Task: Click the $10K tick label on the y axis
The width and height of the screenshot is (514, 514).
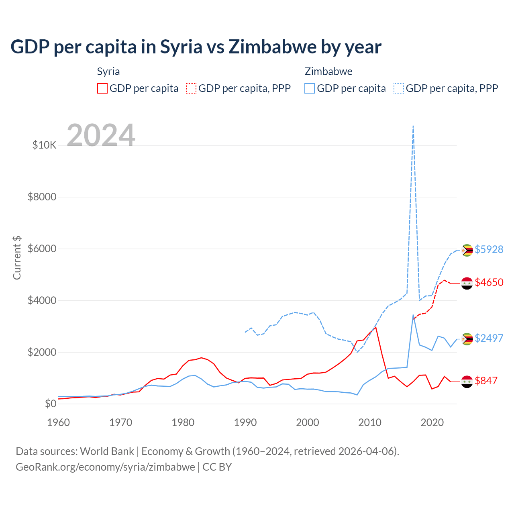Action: tap(44, 145)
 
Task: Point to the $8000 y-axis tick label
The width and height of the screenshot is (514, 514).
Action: tap(42, 197)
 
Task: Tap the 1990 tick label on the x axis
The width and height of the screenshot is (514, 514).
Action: tap(245, 422)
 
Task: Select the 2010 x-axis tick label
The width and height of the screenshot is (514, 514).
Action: tap(370, 422)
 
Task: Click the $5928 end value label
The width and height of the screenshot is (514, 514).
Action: tap(489, 249)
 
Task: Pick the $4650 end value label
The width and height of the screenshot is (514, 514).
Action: tap(489, 282)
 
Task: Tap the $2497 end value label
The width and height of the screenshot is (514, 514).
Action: tap(489, 338)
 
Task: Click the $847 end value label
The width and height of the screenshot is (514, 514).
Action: tap(486, 381)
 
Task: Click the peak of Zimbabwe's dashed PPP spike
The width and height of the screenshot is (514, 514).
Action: tap(413, 126)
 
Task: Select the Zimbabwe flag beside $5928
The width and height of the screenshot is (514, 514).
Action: tap(467, 250)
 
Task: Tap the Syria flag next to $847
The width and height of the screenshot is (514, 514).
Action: tap(467, 381)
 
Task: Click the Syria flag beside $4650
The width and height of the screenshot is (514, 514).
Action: tap(467, 283)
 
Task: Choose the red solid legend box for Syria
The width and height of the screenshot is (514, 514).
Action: tap(102, 88)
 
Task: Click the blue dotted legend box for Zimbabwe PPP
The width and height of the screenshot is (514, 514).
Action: tap(399, 88)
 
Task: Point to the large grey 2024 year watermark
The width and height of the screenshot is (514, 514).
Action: tap(101, 135)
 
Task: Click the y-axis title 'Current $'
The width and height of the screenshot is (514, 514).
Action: tap(17, 258)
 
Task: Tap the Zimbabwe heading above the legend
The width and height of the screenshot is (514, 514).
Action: tap(328, 71)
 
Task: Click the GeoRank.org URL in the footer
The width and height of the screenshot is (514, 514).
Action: tap(105, 467)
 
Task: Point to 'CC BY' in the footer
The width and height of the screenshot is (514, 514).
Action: tap(217, 467)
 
